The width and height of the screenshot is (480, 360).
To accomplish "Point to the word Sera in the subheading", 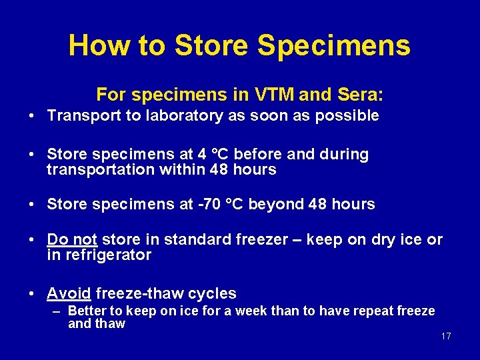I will click(359, 93).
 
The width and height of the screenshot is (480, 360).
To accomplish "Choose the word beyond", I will click(282, 204).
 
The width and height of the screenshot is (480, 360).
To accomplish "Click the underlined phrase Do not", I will click(72, 239).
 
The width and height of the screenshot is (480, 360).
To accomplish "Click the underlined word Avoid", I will click(69, 293).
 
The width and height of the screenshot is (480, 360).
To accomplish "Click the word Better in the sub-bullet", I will click(87, 311).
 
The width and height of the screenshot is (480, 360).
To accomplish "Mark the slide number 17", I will click(446, 336).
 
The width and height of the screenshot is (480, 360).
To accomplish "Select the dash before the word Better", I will click(58, 311).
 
